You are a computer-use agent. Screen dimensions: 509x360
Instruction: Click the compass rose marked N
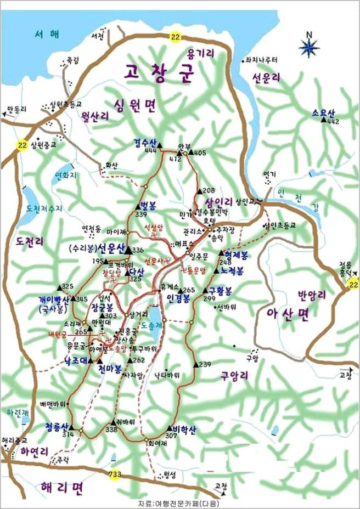click(310, 47)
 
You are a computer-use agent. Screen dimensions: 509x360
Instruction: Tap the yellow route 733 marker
click(114, 476)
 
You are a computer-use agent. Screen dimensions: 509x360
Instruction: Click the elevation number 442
click(333, 121)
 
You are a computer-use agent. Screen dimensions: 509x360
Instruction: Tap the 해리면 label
click(61, 487)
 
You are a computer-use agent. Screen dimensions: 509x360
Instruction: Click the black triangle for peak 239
click(195, 365)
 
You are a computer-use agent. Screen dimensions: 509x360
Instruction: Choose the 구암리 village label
click(235, 375)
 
